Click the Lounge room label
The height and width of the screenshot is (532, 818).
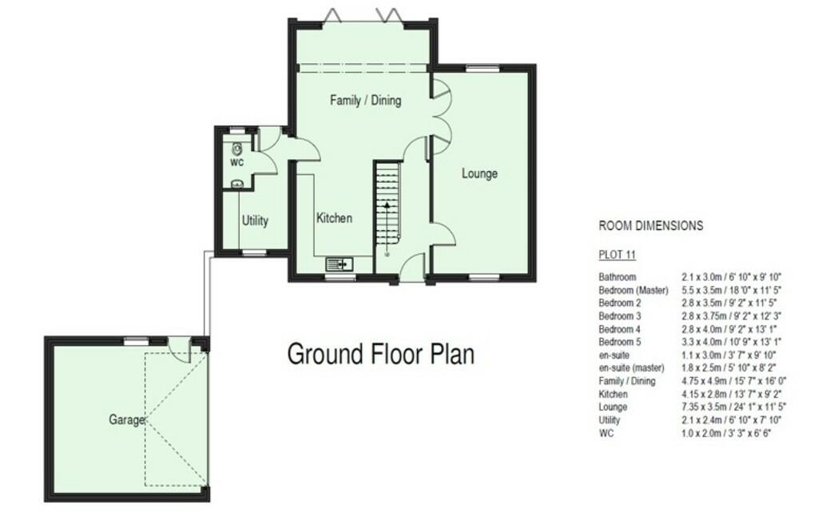(x=479, y=173)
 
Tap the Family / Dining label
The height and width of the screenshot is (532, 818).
(x=365, y=101)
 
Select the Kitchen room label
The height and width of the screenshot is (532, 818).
(x=334, y=218)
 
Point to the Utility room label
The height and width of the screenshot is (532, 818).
(x=255, y=220)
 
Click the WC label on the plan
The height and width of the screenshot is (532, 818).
(x=236, y=163)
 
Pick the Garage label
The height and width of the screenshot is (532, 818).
(x=128, y=419)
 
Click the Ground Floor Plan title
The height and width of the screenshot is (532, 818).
(x=380, y=353)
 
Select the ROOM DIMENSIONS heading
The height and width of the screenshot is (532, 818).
(x=651, y=226)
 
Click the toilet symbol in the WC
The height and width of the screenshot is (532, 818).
(x=237, y=149)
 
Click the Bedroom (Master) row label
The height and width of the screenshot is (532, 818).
(x=633, y=290)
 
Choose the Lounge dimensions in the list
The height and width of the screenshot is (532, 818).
(x=730, y=407)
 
